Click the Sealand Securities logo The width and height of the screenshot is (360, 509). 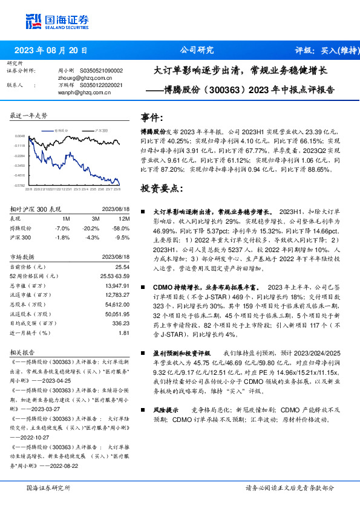coord(58,22)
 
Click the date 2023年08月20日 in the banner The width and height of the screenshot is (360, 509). coord(51,50)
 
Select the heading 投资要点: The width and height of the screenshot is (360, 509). coord(161,189)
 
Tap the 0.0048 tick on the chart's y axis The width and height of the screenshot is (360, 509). coord(20,137)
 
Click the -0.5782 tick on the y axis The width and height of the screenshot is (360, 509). coord(19,185)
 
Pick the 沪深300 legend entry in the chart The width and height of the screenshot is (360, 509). coord(100,130)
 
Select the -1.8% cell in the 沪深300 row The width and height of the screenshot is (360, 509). coord(62,238)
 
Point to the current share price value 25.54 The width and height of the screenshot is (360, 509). coord(122,267)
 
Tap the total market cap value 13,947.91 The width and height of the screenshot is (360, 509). coord(117,285)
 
